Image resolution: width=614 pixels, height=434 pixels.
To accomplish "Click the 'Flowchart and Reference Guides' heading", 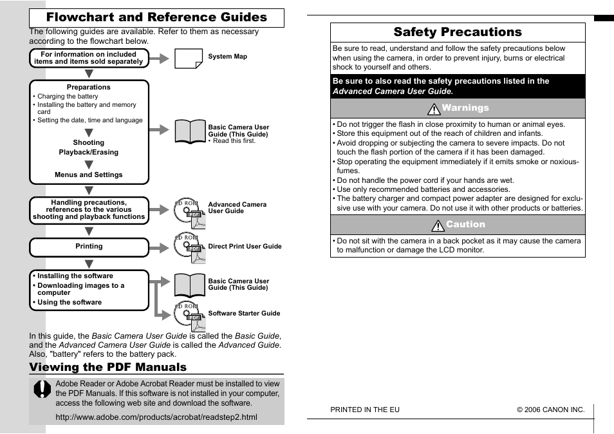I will (156, 17).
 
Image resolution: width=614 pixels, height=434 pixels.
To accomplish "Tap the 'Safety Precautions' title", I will (458, 32).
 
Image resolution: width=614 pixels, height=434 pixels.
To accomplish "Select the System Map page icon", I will (189, 58).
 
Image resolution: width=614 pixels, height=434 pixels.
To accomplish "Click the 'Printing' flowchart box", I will (89, 247).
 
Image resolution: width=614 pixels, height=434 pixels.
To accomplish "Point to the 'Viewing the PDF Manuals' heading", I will (107, 367).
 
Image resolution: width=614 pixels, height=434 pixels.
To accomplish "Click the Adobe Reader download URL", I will (156, 417).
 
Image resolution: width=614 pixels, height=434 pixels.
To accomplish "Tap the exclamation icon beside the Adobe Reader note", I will (42, 389).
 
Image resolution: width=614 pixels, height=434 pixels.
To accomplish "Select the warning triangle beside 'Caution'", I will (438, 225).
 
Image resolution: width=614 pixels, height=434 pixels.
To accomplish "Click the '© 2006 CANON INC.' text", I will (550, 410).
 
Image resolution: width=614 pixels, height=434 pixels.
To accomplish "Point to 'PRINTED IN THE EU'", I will (365, 410).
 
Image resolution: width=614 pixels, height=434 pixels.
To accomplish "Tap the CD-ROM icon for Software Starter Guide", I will (189, 316).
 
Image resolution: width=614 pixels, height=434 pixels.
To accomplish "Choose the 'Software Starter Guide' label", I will (244, 314).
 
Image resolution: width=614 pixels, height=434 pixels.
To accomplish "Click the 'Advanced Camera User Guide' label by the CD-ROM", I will (237, 207).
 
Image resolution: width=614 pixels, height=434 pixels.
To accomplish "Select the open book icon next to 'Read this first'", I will (190, 131).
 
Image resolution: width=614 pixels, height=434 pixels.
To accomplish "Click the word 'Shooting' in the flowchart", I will (89, 142).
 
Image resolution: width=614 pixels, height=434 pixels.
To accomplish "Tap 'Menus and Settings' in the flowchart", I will (89, 175).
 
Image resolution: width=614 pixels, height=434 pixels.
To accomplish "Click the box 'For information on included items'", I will (89, 58).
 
